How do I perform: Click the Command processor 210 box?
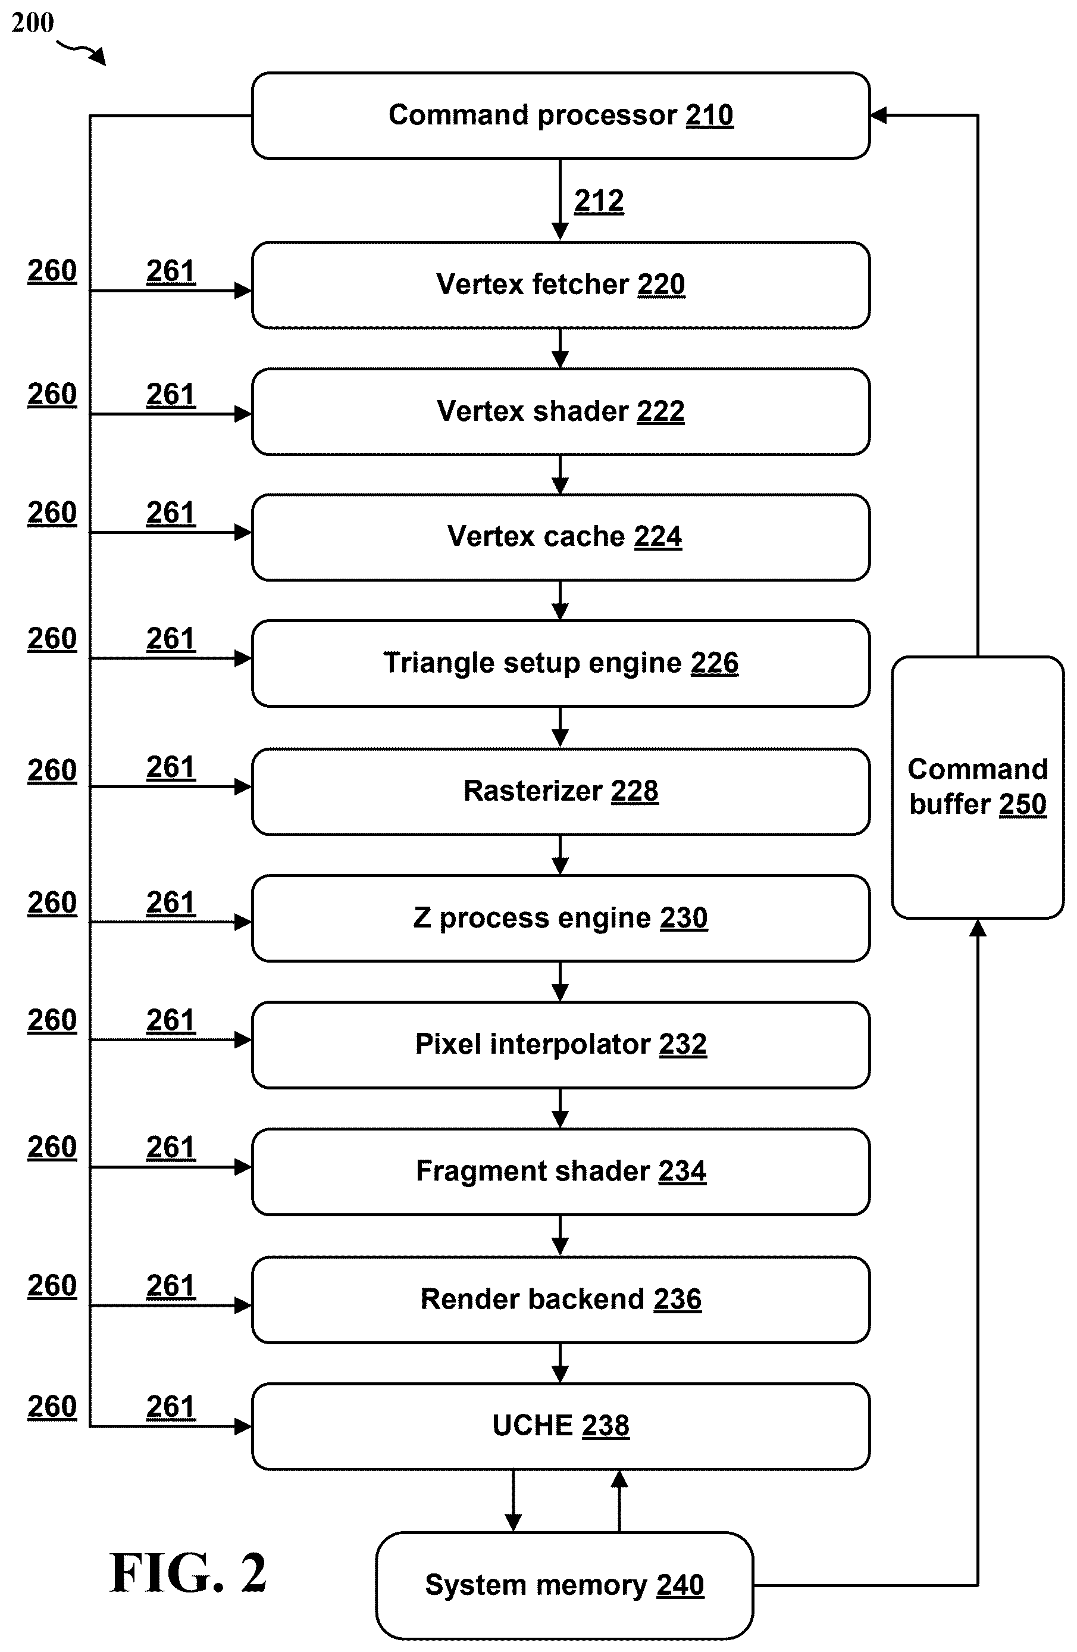point(561,116)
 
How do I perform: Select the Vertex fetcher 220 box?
point(561,285)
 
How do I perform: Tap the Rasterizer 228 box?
point(561,791)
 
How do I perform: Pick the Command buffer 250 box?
point(978,787)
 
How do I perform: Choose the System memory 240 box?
point(564,1585)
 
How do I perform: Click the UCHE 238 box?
point(561,1426)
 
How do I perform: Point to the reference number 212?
point(599,201)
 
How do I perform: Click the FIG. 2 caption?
point(188,1573)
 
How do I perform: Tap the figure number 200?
point(33,23)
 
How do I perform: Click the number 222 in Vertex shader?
point(660,411)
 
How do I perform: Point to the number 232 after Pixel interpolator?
point(683,1044)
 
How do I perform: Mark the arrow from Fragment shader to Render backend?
point(560,1235)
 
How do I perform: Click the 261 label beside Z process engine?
point(171,902)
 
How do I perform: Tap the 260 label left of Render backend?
point(52,1285)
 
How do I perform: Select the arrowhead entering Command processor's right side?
point(878,115)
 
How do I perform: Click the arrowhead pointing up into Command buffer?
point(978,928)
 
